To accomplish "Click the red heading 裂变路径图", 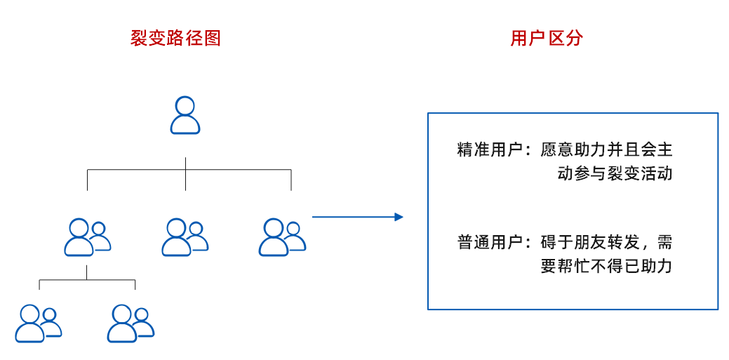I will click(175, 38).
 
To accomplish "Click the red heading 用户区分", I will click(547, 38).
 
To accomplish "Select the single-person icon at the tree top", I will click(185, 116).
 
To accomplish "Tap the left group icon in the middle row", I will click(88, 237).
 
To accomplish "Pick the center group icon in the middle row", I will click(185, 237).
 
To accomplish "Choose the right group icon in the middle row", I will click(282, 237).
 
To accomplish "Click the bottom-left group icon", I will click(39, 323).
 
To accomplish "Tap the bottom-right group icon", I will click(131, 323).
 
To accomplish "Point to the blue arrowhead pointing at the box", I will click(399, 217).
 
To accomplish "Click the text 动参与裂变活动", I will click(615, 173).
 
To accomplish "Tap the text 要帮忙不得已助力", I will click(606, 267).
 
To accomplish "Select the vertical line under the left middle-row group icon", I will click(87, 272).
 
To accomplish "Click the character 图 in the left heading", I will click(213, 38).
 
